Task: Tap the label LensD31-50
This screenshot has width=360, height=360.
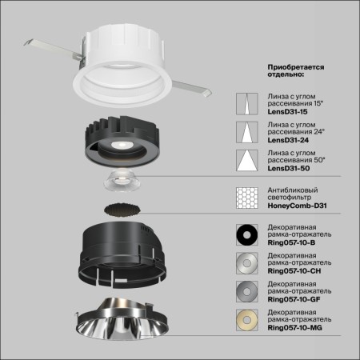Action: click(286, 168)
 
